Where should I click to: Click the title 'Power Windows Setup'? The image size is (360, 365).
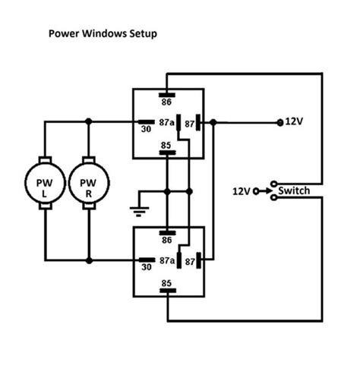pyautogui.click(x=103, y=34)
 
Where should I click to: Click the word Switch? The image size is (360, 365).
pyautogui.click(x=293, y=190)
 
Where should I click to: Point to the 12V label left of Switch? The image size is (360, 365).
pyautogui.click(x=241, y=191)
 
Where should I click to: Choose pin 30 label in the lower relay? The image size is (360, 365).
pyautogui.click(x=145, y=266)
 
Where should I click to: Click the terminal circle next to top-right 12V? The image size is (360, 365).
pyautogui.click(x=279, y=121)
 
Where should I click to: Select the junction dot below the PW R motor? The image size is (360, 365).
pyautogui.click(x=90, y=260)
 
